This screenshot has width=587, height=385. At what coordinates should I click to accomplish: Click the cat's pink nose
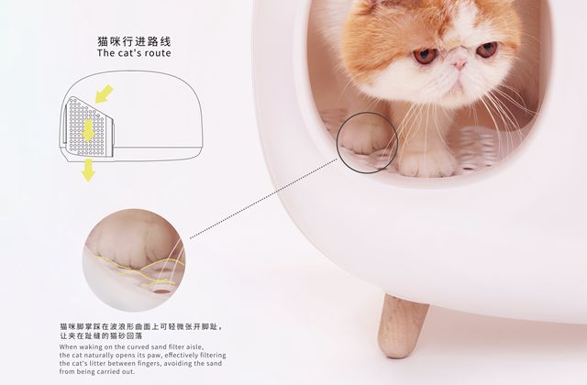point(459,63)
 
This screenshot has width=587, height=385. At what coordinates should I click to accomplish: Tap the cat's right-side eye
point(487,49)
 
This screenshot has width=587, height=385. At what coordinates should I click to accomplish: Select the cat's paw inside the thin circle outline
point(364,138)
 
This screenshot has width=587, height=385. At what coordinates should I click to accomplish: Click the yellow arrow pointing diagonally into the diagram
point(104,93)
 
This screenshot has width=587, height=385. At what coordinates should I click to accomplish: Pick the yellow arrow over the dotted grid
point(88,130)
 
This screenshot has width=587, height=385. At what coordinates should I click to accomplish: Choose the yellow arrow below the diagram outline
point(88,170)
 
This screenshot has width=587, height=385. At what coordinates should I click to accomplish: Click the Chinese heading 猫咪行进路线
point(134,41)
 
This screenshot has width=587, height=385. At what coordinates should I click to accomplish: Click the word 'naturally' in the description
point(98,356)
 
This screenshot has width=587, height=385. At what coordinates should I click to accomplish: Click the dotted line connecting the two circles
point(264,198)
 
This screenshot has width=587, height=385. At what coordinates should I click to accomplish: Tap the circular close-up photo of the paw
point(134,260)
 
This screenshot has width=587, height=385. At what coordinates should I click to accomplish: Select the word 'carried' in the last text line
point(110,372)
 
